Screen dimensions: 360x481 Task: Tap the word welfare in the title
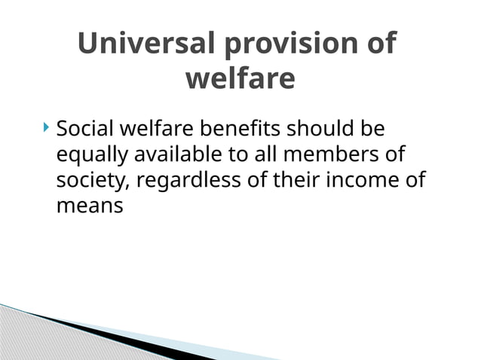point(240,78)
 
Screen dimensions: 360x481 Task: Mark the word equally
point(93,155)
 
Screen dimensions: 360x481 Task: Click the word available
point(176,155)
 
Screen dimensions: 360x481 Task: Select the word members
point(328,155)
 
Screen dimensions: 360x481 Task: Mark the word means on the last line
point(90,206)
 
